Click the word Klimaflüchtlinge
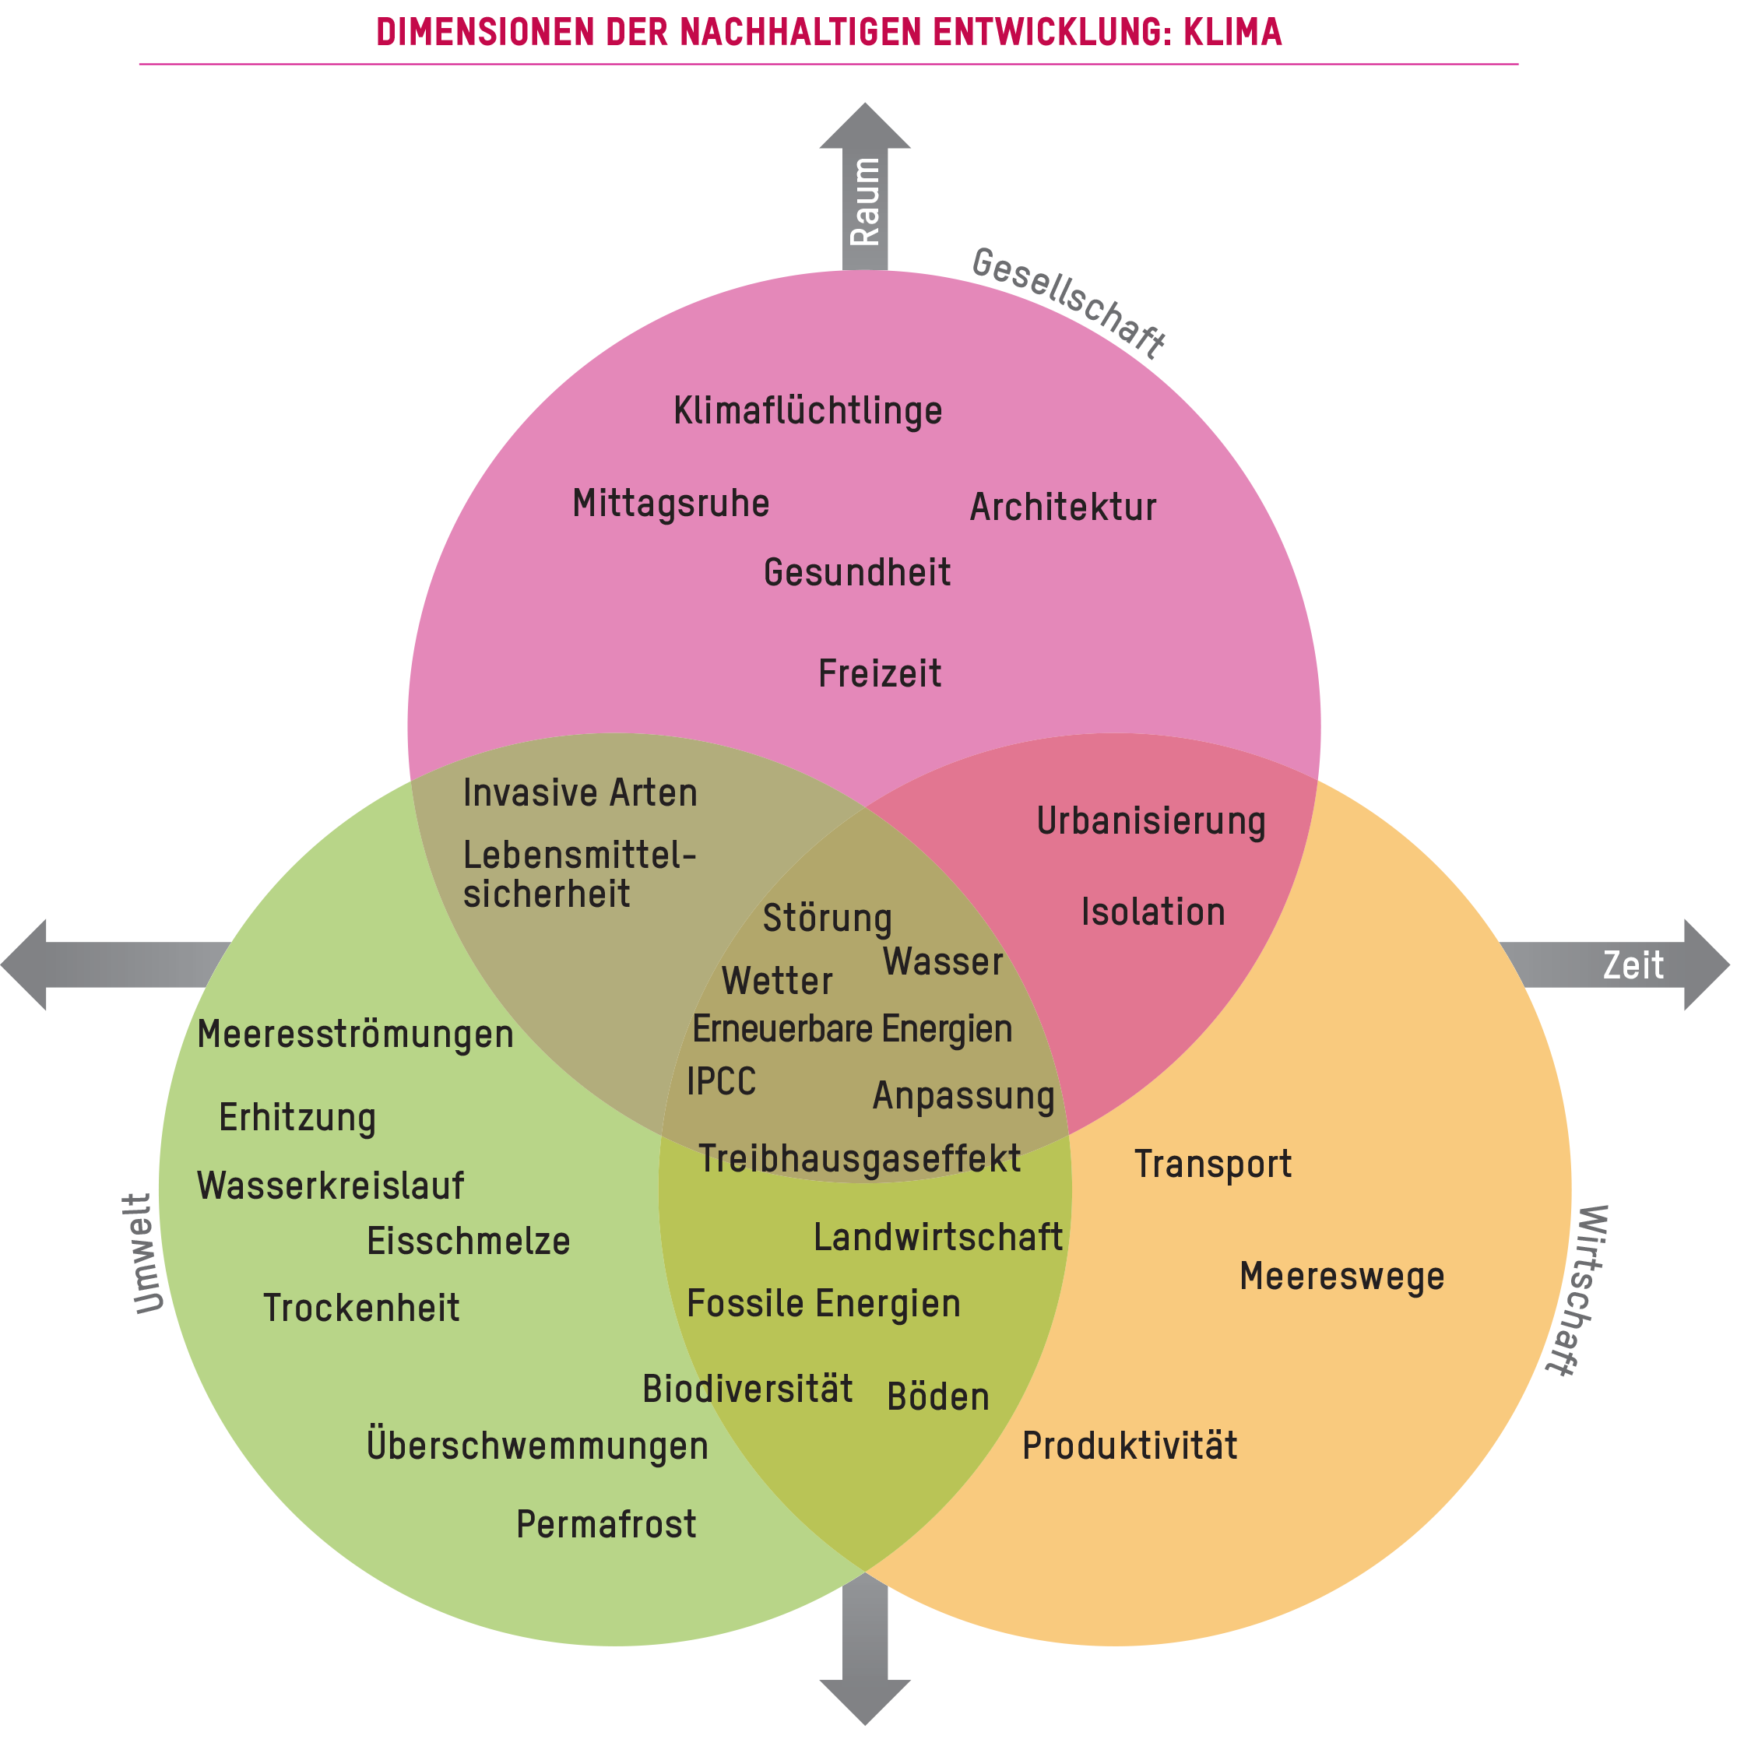(x=807, y=412)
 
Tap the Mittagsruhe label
(x=670, y=504)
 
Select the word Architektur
(x=1063, y=508)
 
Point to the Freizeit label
(x=879, y=674)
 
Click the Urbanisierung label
(x=1150, y=821)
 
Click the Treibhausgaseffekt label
(x=860, y=1160)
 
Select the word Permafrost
(x=607, y=1524)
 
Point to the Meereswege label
(x=1341, y=1277)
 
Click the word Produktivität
(x=1129, y=1446)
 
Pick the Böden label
(x=937, y=1397)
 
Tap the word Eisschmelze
(x=468, y=1242)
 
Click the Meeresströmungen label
(x=355, y=1035)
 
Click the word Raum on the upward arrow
(x=865, y=202)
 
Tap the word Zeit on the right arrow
(x=1633, y=965)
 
